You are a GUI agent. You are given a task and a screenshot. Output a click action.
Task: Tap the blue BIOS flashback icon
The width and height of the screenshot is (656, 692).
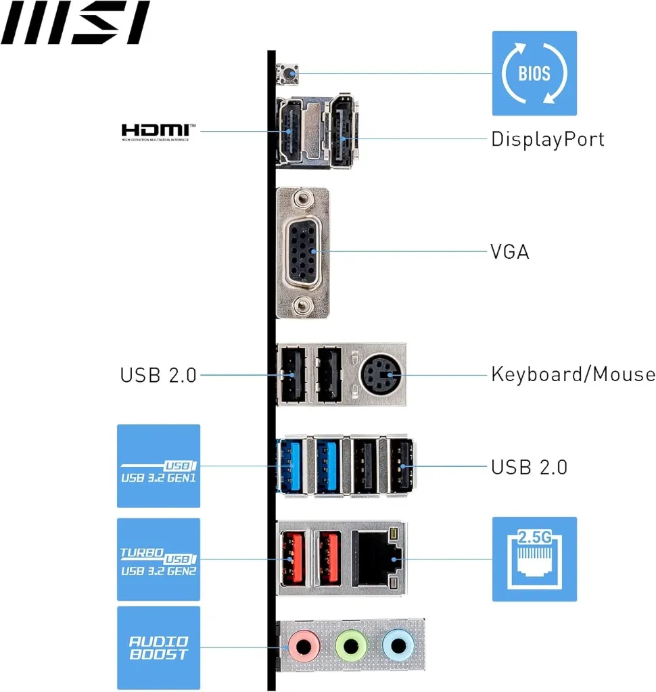[534, 73]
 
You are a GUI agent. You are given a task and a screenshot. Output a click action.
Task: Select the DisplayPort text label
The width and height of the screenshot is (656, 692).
[547, 139]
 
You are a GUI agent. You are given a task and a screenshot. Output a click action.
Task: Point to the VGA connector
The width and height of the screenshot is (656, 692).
[303, 252]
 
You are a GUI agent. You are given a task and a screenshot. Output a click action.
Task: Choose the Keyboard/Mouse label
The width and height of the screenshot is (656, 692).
[573, 374]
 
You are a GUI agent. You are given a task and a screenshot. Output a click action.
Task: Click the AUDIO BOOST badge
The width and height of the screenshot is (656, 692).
[159, 647]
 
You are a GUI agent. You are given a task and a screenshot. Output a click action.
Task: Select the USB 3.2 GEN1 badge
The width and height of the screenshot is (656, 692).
[159, 466]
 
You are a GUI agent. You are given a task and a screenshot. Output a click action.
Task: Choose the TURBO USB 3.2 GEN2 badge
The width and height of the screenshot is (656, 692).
[159, 560]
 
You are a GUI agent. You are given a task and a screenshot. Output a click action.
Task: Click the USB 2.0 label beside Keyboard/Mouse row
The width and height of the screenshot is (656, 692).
[158, 374]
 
